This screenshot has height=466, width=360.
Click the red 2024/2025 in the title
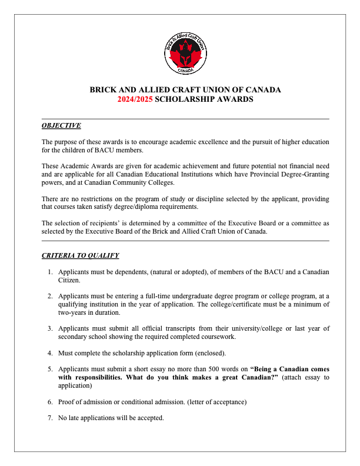[x=135, y=99]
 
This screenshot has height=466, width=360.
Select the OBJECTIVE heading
[x=61, y=126]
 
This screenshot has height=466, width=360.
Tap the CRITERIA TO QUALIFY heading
[x=80, y=255]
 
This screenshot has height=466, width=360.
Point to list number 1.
[x=50, y=272]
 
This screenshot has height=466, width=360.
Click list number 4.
[x=50, y=353]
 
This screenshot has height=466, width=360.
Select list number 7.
[x=50, y=418]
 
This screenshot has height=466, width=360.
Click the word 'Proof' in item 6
[x=67, y=402]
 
